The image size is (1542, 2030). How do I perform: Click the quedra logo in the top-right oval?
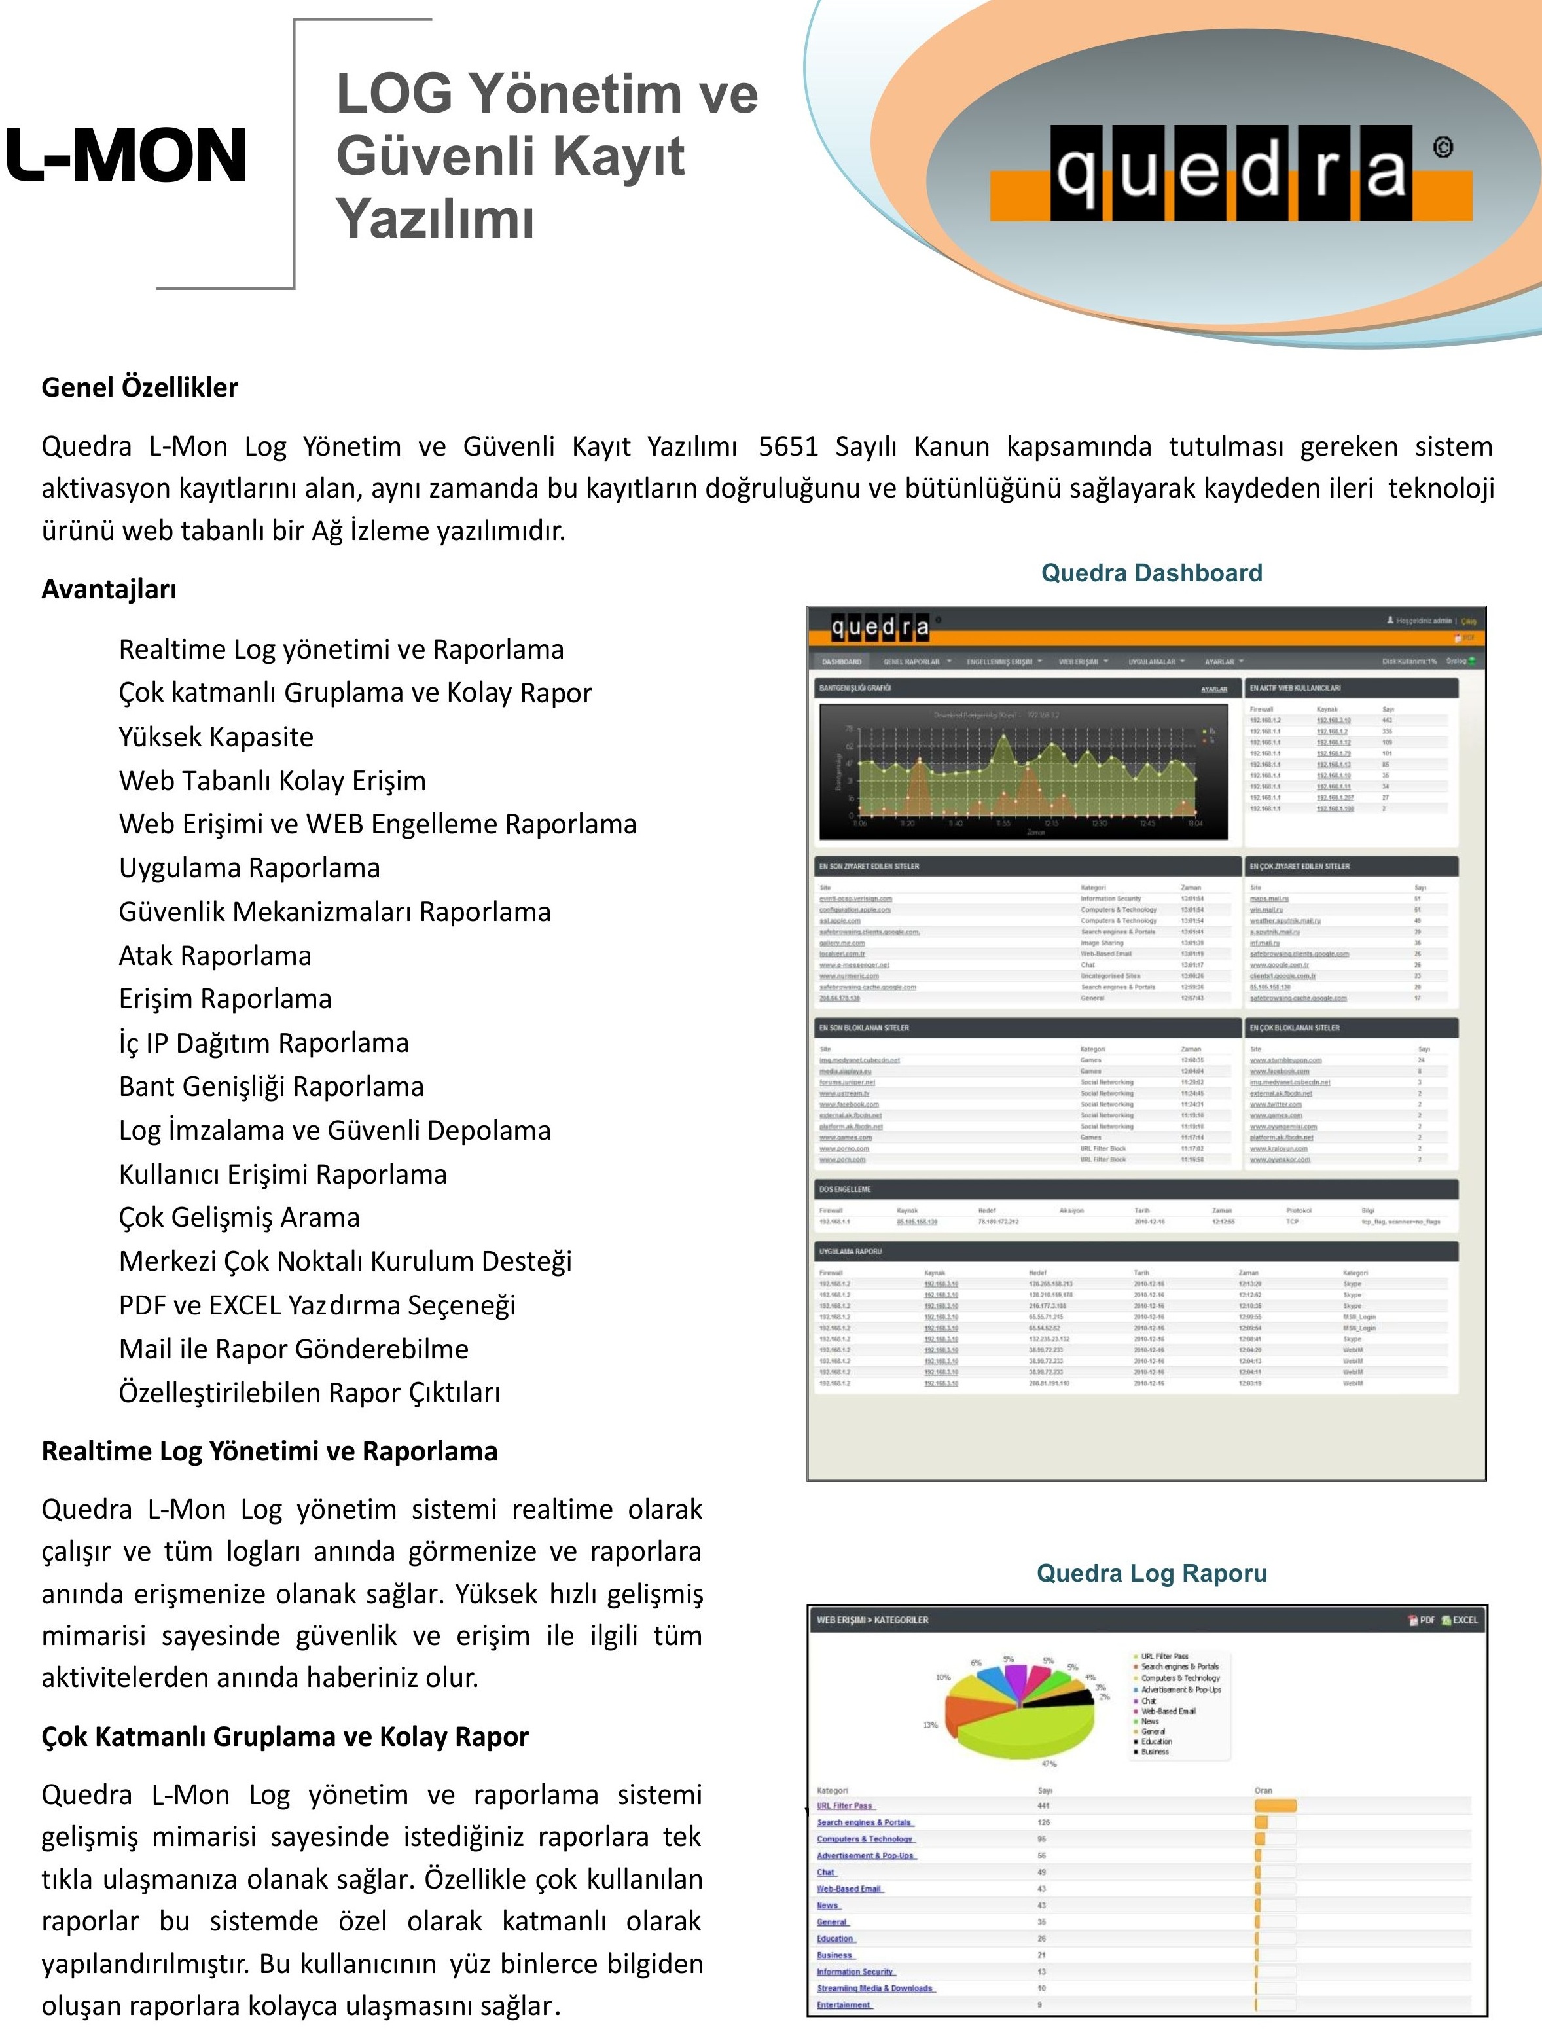tap(1230, 173)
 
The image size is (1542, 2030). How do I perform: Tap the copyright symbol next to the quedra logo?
tap(1443, 147)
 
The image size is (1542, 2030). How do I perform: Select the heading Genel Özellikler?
tap(139, 388)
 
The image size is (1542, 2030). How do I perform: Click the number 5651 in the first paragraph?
tap(787, 447)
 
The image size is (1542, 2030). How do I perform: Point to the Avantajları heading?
tap(109, 589)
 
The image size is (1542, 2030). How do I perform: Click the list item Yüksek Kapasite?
tap(216, 736)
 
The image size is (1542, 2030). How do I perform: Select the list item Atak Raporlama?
tap(215, 956)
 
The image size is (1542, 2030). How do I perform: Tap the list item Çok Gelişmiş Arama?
tap(239, 1218)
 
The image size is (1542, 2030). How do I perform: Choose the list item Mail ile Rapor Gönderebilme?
tap(294, 1349)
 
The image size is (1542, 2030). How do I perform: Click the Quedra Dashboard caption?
tap(1151, 573)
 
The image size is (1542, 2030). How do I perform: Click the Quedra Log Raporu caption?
tap(1151, 1573)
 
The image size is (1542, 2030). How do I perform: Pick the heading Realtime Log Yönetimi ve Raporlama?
tap(270, 1451)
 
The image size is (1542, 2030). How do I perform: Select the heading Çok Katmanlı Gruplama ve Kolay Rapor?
tap(285, 1737)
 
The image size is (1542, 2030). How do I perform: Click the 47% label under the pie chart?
tap(1049, 1764)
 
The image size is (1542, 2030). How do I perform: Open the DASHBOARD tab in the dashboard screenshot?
tap(841, 661)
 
